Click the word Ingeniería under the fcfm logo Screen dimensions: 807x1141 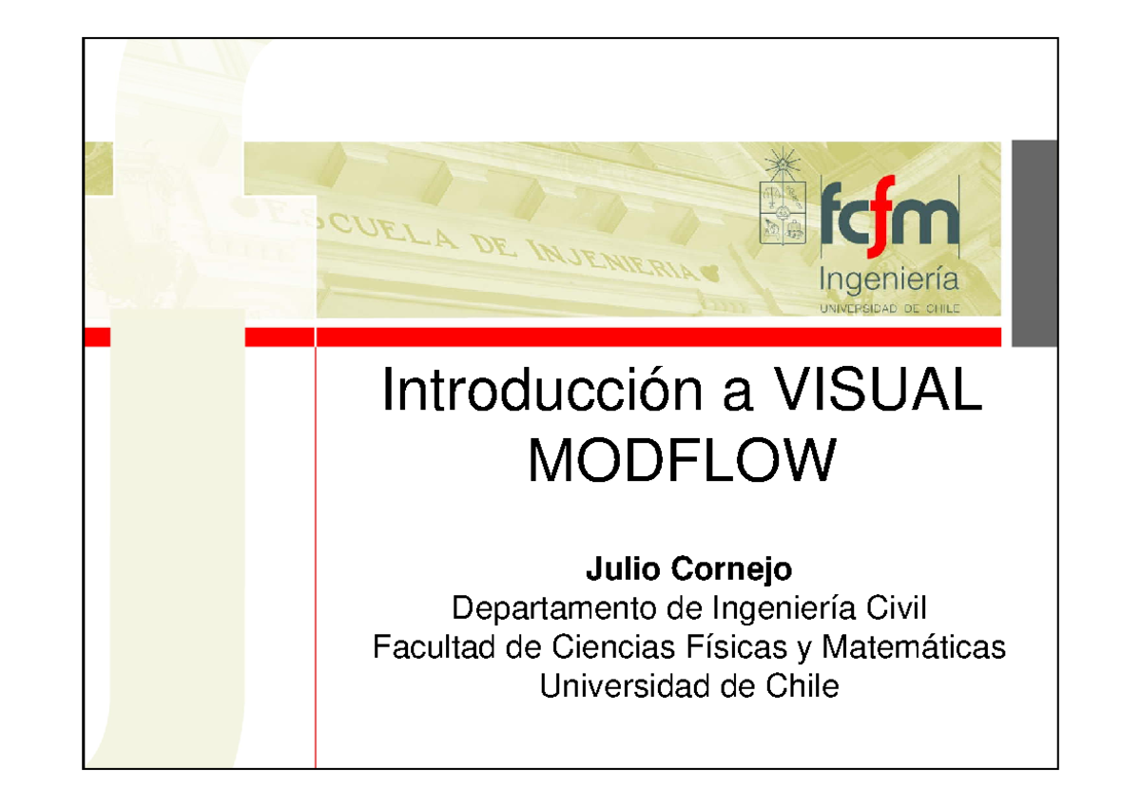(x=890, y=280)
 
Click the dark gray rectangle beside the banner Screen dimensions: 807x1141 (x=1033, y=243)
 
